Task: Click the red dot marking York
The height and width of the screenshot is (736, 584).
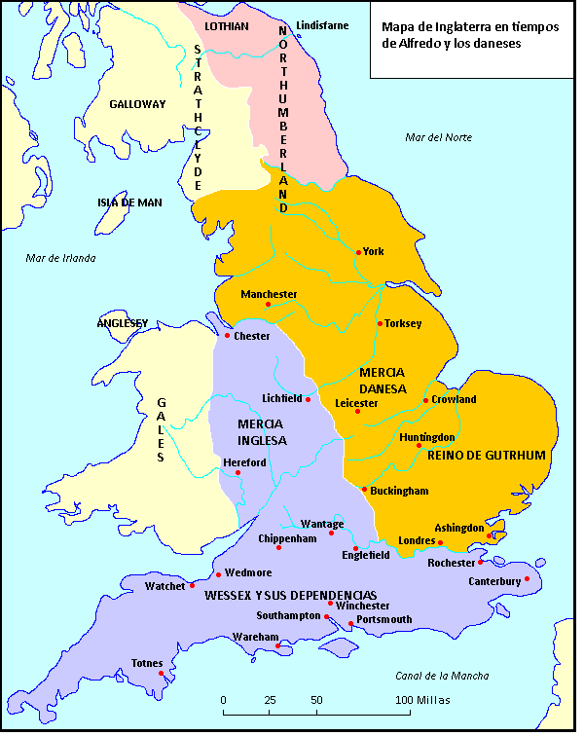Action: click(358, 252)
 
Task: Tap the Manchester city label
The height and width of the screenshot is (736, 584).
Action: click(270, 294)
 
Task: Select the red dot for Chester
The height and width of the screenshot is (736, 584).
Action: click(228, 336)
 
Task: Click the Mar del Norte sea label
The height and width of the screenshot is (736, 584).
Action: click(438, 137)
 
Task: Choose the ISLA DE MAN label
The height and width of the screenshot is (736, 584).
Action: click(129, 202)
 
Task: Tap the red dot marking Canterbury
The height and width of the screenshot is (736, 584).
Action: click(527, 578)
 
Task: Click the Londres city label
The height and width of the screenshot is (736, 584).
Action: click(419, 541)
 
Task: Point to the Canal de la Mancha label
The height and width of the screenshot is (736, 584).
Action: click(442, 676)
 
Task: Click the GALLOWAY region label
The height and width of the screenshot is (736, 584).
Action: click(137, 104)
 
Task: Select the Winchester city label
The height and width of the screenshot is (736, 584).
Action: click(362, 605)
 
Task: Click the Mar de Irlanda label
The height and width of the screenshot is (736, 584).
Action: click(61, 258)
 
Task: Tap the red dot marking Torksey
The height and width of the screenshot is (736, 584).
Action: click(379, 323)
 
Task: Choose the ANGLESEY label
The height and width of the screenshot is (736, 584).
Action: click(122, 323)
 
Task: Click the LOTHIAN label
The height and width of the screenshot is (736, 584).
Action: click(227, 26)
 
